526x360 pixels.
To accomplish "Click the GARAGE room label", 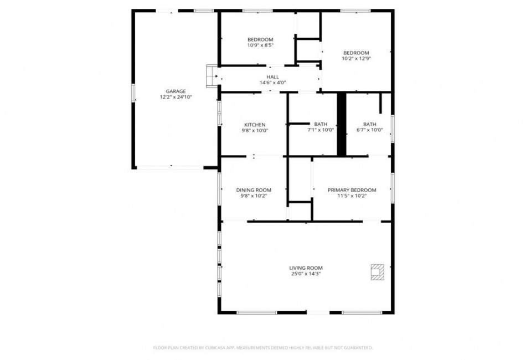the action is tap(176, 91).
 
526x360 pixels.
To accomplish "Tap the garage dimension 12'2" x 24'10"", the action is tap(176, 97).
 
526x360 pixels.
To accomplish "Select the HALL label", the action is tap(273, 77).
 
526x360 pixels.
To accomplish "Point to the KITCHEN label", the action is tap(255, 125).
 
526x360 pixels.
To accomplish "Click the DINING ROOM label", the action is tap(254, 190).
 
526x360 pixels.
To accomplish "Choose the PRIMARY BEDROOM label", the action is tap(352, 190).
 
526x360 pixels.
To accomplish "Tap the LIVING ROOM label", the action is tap(306, 268).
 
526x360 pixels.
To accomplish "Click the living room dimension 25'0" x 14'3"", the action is tap(306, 274).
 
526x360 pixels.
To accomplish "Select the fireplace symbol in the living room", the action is tap(378, 272).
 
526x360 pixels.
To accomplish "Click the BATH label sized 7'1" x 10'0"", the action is tap(321, 124).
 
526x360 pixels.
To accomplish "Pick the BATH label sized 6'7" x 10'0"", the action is tap(370, 124).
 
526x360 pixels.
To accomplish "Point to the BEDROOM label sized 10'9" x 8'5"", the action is tap(260, 39).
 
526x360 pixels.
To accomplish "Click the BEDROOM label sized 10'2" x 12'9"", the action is tap(356, 53).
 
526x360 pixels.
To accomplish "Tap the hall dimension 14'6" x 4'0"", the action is tap(273, 83).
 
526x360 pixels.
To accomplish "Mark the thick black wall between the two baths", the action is tap(342, 124).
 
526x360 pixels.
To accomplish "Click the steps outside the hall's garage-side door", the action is tap(212, 76).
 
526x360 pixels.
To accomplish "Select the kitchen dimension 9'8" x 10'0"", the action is tap(255, 131).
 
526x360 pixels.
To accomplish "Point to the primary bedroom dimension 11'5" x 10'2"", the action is tap(352, 196).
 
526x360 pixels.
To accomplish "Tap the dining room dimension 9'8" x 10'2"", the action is tap(254, 196).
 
